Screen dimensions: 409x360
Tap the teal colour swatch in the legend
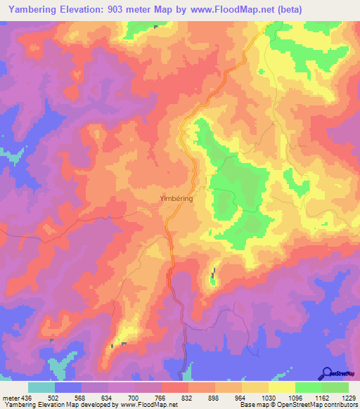coord(41,387)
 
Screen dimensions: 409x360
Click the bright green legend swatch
coord(309,387)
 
